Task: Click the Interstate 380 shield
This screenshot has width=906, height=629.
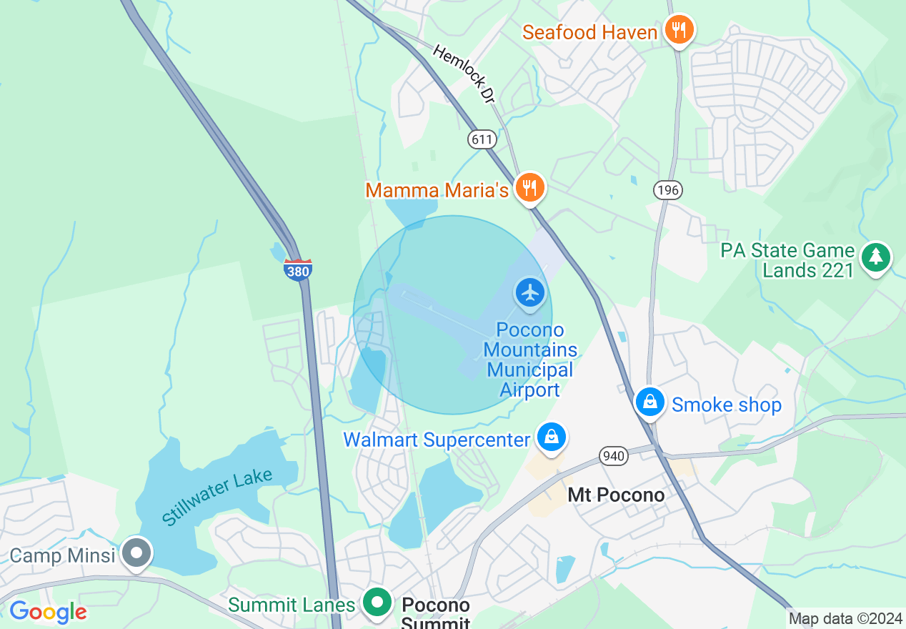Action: coord(298,270)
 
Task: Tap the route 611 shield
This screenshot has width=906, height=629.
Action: coord(482,139)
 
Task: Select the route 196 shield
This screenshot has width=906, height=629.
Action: coord(667,190)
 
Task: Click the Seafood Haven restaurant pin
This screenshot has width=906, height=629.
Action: coord(678,30)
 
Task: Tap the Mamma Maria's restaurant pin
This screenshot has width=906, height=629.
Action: coord(529,187)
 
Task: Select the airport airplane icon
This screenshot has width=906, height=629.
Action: coord(530,293)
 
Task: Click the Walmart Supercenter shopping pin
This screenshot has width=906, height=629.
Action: coord(552,437)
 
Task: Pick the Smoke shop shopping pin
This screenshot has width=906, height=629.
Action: coord(650,402)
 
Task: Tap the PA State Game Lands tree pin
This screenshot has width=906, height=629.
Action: coord(876,257)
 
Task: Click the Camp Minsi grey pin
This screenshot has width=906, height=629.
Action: coord(136,553)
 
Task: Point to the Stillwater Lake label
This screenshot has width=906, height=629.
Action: coord(216,496)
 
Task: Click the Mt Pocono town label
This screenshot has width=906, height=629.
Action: coord(616,495)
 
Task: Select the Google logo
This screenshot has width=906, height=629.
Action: coord(48,612)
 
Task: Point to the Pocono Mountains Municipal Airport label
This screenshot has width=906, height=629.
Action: coord(530,360)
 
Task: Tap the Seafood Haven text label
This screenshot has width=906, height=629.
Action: coord(589,33)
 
